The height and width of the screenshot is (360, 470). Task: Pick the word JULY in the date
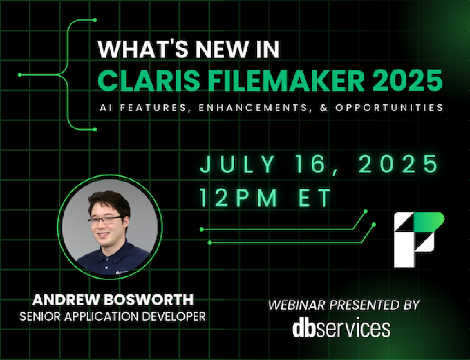point(237,164)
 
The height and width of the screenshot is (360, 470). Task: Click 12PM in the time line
point(239,197)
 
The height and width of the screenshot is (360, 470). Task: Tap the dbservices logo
point(341,328)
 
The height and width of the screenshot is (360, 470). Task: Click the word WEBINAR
point(297,305)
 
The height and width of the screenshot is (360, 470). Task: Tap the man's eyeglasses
point(104,220)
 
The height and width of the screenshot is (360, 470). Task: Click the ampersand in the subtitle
point(323,108)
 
